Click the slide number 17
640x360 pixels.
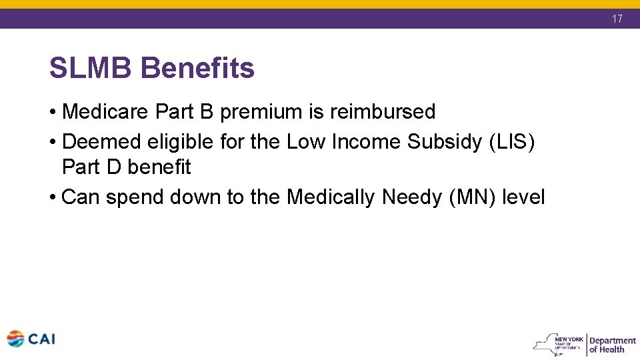point(617,19)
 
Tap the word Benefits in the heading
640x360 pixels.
point(198,68)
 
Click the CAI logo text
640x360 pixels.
point(42,339)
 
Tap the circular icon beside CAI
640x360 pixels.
point(15,339)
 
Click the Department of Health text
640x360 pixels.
point(612,345)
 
